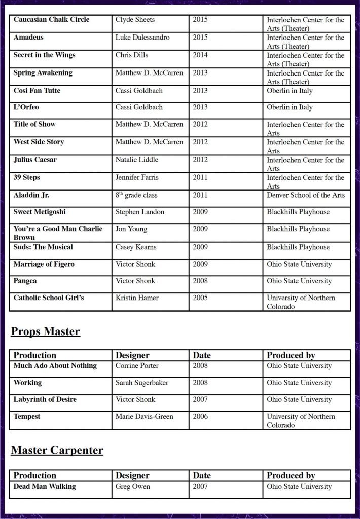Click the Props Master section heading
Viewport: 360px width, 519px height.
click(x=46, y=331)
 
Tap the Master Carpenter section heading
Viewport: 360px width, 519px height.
click(x=57, y=450)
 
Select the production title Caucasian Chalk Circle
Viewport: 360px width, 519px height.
click(x=51, y=20)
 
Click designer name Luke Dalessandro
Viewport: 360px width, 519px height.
click(x=142, y=38)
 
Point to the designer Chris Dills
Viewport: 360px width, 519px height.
click(x=132, y=55)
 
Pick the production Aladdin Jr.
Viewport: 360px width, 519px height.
click(x=31, y=195)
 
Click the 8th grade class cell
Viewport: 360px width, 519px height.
click(x=136, y=195)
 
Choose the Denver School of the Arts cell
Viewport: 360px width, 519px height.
click(x=306, y=195)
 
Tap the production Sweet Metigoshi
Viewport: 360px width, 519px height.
click(x=40, y=212)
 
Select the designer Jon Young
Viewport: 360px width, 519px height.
click(x=131, y=229)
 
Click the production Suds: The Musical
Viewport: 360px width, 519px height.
click(x=43, y=247)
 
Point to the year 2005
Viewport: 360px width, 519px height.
click(x=200, y=298)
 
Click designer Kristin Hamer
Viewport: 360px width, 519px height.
click(x=137, y=298)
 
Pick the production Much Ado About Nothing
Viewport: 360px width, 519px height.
click(x=55, y=366)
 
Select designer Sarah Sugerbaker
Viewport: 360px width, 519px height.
click(x=142, y=383)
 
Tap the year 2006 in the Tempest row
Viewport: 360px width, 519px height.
click(x=200, y=417)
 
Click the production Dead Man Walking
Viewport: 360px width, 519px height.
click(x=45, y=487)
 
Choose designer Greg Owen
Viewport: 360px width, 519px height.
click(x=133, y=487)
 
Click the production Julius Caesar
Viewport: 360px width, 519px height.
click(x=35, y=160)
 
